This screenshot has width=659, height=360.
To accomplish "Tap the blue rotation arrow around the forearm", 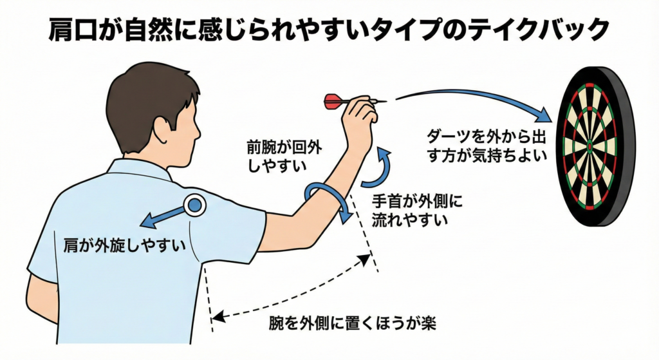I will pyautogui.click(x=329, y=197).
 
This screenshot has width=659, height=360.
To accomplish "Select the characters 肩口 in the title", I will pyautogui.click(x=75, y=30).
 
